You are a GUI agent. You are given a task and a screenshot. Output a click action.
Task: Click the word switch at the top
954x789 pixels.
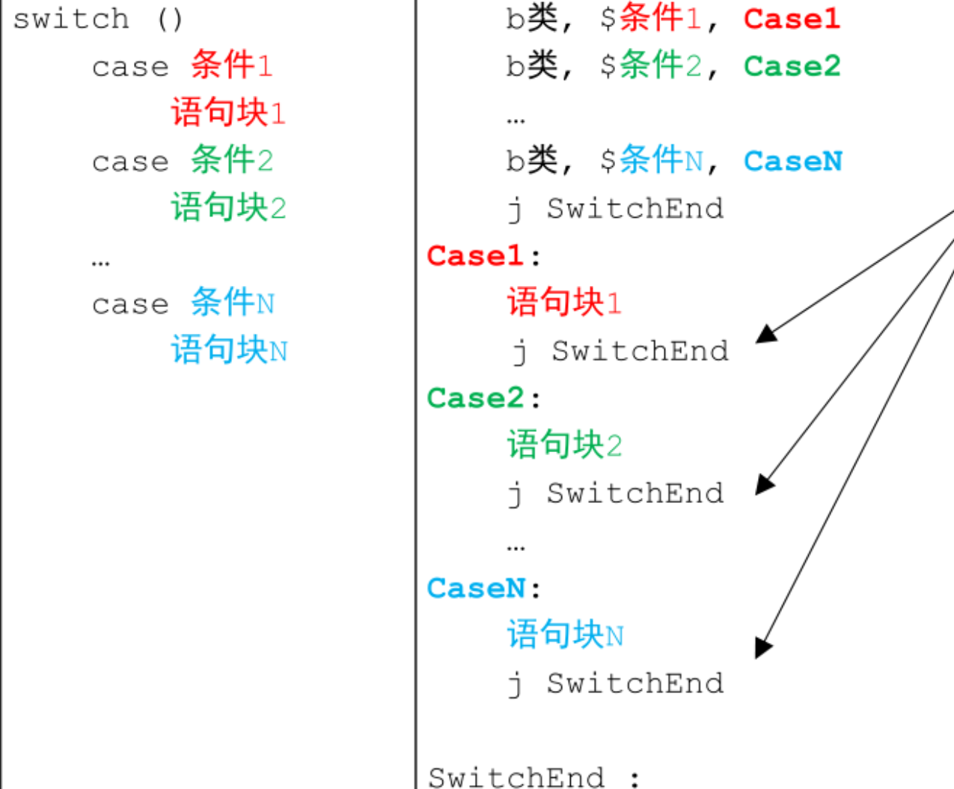71,19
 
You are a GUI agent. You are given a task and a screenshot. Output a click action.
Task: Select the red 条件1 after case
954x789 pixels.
231,65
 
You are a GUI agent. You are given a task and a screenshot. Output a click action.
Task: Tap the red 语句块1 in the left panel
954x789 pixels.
228,112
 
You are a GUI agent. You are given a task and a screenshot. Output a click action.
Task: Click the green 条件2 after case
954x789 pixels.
231,159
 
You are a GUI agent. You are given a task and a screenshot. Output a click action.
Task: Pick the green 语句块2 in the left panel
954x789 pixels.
228,207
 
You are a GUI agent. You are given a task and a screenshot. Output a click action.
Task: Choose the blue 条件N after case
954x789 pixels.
232,302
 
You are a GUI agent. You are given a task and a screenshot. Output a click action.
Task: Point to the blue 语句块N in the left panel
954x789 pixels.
229,350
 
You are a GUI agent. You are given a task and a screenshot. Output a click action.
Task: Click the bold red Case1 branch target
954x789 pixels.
792,19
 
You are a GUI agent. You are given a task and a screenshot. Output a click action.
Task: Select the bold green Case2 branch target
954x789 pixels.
792,66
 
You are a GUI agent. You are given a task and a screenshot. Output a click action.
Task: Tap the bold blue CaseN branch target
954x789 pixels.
792,161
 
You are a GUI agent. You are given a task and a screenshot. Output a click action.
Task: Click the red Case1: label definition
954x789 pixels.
483,256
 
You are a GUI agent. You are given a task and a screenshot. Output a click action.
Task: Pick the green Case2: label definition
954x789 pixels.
483,398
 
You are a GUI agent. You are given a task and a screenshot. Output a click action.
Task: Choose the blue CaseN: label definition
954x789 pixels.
483,588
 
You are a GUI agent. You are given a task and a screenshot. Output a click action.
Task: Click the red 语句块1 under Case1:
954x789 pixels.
564,302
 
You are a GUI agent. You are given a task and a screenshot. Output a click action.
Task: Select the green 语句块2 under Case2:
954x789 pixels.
564,445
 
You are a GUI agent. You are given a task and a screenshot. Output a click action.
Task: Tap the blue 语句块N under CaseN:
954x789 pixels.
565,635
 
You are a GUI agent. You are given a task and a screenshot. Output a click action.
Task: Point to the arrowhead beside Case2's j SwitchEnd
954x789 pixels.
764,484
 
